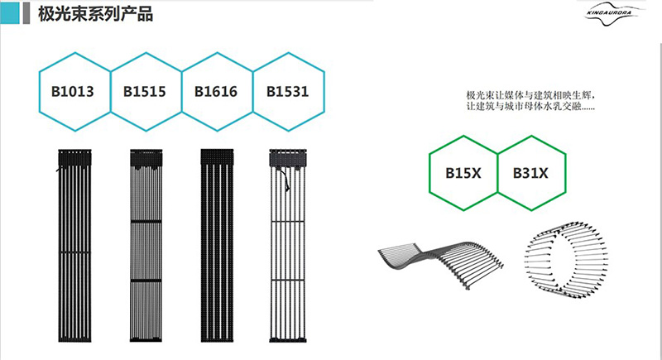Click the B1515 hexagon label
146,91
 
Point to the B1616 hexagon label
217,91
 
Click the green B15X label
463,173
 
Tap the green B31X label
531,173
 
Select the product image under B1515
148,244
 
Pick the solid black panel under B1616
219,244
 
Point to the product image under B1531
288,244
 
